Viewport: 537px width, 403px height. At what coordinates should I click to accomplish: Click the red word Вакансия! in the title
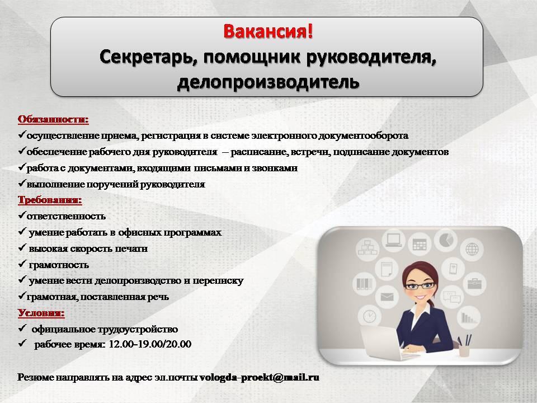coord(268,31)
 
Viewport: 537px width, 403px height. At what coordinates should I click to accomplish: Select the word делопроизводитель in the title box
coord(268,82)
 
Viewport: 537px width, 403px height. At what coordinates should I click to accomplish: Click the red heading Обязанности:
coord(53,120)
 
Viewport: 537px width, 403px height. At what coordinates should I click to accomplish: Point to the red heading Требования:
coord(50,200)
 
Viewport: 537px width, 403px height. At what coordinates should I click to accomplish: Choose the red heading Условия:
coord(41,313)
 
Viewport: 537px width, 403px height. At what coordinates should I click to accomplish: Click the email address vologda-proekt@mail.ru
coord(259,377)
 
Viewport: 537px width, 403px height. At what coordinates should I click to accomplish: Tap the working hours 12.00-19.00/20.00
coord(150,344)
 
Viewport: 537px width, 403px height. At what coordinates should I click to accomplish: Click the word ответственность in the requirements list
coord(66,216)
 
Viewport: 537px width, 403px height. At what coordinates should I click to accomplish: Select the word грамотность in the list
coord(59,265)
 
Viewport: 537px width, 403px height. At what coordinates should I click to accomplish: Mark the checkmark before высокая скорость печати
coord(22,247)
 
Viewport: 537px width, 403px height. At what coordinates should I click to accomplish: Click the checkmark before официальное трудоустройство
coord(22,329)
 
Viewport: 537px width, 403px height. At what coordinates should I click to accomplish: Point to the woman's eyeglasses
coord(420,285)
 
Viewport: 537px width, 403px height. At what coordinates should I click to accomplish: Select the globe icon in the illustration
coord(472,249)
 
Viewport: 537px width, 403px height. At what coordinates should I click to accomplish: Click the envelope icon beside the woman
coord(387,297)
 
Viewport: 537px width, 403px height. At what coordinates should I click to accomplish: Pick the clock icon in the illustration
coord(370,316)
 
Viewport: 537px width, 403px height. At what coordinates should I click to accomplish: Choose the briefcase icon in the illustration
coord(475,284)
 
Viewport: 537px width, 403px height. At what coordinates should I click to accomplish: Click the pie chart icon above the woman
coord(446,240)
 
